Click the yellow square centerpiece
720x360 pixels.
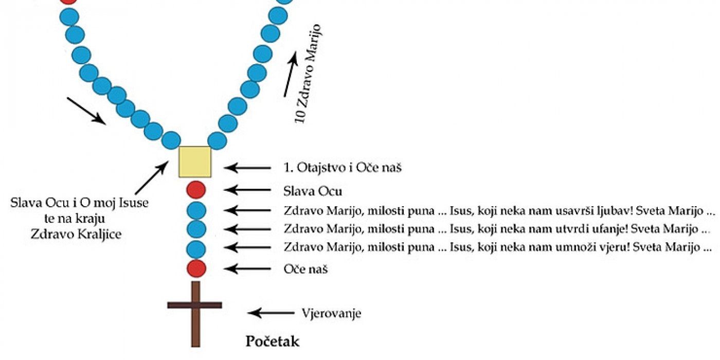[195, 161]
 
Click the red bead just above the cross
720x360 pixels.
[196, 268]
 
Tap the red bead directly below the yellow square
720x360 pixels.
[196, 190]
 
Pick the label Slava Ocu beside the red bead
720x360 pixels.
[313, 191]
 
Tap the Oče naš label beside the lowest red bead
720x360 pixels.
[305, 268]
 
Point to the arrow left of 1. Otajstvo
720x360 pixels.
[247, 167]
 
